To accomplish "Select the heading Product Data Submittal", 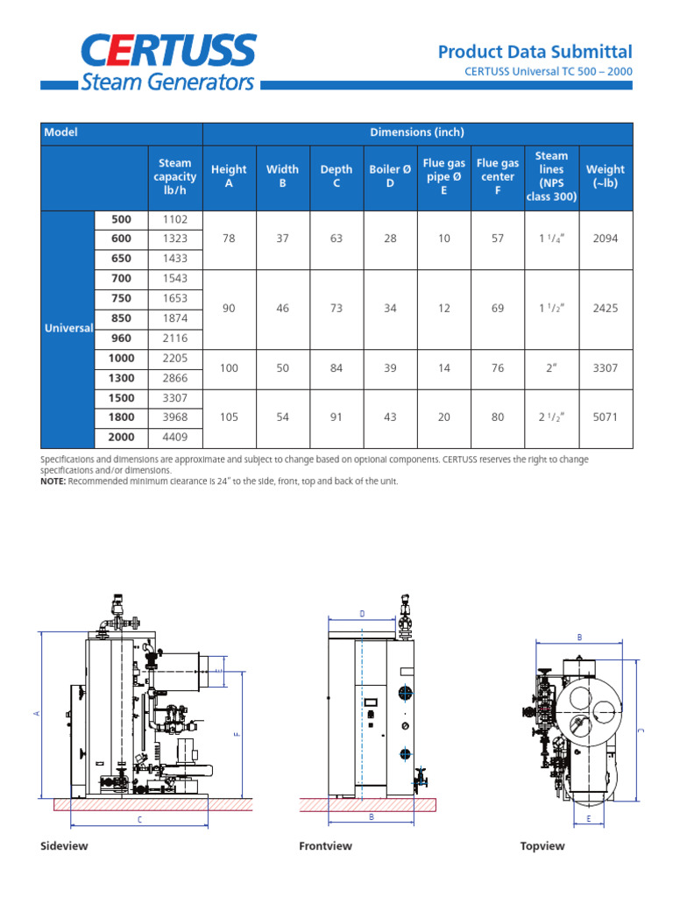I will [x=535, y=52].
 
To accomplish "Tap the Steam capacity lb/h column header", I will [x=174, y=176].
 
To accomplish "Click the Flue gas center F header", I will [x=498, y=176].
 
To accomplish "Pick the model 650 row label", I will [x=121, y=259].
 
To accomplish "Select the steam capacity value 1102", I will [x=174, y=219].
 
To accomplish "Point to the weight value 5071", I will [x=605, y=417].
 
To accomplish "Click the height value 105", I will [x=229, y=417].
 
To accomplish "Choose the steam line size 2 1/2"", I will [x=551, y=417].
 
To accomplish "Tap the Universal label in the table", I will [x=69, y=328].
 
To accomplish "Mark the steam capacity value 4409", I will [x=174, y=437].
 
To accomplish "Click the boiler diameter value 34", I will [x=390, y=309].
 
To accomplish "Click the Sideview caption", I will [x=64, y=846].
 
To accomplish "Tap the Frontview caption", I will [x=325, y=846].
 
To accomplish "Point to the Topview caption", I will [x=542, y=846].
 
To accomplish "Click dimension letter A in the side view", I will [x=37, y=714].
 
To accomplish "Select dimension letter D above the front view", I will [x=362, y=614].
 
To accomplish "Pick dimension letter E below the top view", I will [x=589, y=818].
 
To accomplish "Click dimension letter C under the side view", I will [x=139, y=819].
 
